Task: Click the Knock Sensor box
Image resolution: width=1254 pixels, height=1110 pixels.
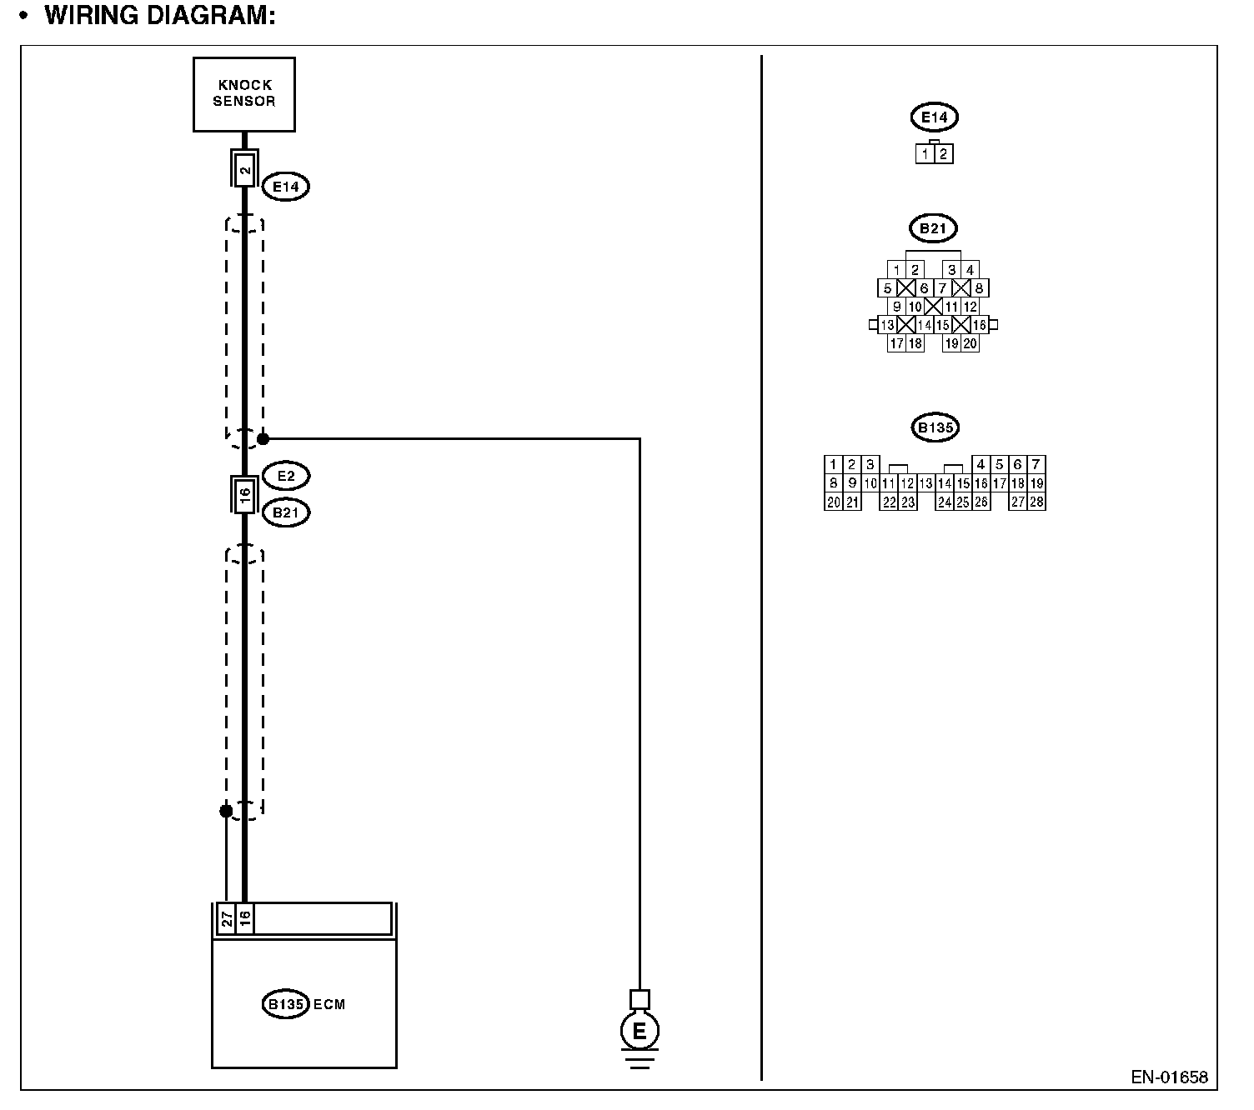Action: [243, 93]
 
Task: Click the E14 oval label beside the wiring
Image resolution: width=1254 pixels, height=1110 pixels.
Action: [285, 187]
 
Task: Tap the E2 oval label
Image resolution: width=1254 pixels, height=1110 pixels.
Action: [285, 476]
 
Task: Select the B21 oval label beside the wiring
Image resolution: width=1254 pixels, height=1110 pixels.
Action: [285, 512]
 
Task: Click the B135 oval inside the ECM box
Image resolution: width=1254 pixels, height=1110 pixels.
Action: [284, 1004]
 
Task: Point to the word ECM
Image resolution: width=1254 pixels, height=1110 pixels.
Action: [330, 1004]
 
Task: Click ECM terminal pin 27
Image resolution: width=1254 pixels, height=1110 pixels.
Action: [226, 919]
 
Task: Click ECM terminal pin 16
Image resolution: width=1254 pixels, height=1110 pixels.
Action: [244, 919]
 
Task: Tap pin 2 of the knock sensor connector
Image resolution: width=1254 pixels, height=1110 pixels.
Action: [244, 171]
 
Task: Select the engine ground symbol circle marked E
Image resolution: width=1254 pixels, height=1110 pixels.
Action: [639, 1032]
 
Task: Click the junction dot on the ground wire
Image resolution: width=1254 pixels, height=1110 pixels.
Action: [263, 438]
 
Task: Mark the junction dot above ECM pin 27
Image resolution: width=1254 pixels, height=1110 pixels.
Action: [226, 811]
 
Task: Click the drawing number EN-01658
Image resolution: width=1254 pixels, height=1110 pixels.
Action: [1169, 1077]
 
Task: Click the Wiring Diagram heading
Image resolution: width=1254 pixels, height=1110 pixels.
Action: [159, 15]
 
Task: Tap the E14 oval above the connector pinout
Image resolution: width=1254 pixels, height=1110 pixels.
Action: [934, 117]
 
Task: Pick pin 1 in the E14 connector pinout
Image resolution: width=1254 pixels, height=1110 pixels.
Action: [925, 154]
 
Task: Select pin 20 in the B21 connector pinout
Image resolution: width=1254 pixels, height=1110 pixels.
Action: [970, 342]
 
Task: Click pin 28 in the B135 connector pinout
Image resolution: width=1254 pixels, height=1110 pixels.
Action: [1036, 502]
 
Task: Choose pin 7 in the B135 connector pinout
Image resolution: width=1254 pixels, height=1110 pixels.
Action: [1036, 464]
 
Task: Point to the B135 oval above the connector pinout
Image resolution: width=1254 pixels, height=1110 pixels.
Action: [935, 428]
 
